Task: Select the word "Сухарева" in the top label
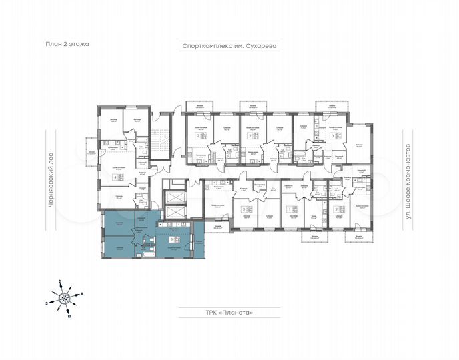[260, 47]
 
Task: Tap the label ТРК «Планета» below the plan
[229, 311]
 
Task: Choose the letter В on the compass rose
[81, 293]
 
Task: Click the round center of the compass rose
[65, 299]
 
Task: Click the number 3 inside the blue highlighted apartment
[173, 239]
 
